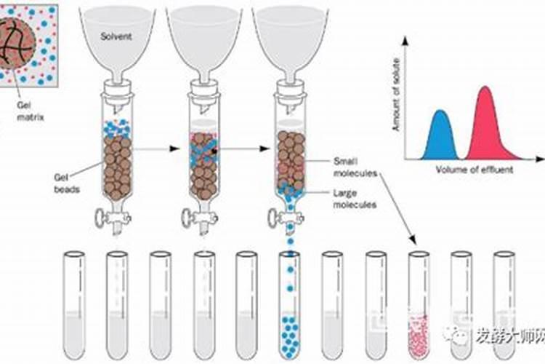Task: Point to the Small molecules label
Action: (x=354, y=167)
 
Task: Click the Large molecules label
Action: (x=354, y=199)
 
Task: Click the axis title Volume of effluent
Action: (x=473, y=170)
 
